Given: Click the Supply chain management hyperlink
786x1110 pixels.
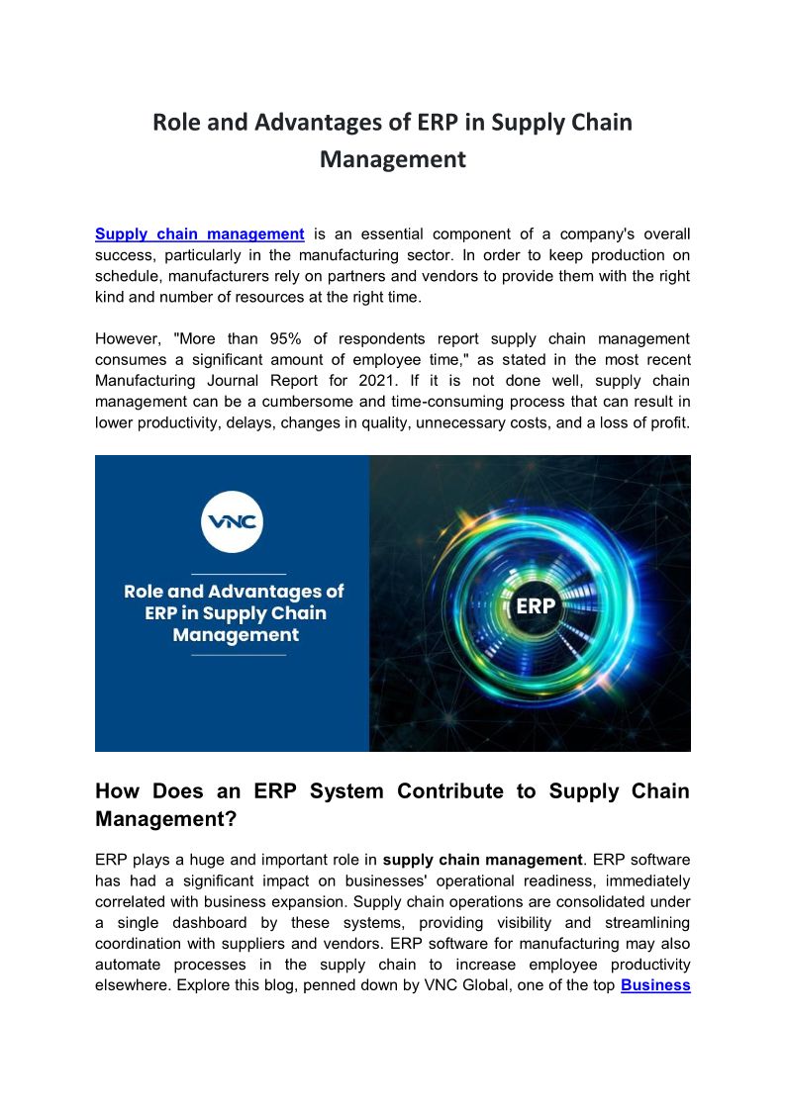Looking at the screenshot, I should [x=199, y=234].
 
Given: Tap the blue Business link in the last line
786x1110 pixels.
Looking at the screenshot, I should [x=655, y=985].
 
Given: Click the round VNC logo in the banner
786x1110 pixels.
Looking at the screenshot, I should [x=232, y=520].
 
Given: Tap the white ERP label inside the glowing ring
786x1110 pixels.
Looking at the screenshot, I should [x=536, y=606].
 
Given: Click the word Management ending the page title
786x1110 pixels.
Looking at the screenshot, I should [x=392, y=159].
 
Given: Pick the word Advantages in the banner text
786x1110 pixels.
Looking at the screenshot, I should [x=268, y=592].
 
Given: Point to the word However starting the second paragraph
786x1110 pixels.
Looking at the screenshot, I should [x=128, y=338].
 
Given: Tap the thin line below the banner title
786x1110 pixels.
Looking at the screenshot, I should [x=238, y=655].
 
